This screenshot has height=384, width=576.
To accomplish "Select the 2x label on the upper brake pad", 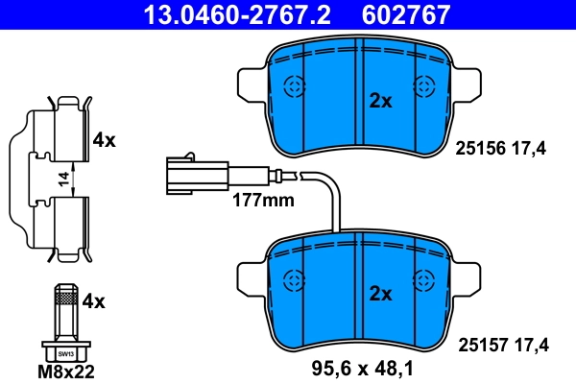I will click(x=381, y=101).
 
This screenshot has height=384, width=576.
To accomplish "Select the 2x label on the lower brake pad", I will click(x=381, y=294).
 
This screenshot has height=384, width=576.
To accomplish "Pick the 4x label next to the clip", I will click(x=104, y=140).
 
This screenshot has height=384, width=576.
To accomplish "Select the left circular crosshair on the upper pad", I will click(x=295, y=87).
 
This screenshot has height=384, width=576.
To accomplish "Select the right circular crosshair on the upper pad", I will click(x=423, y=87).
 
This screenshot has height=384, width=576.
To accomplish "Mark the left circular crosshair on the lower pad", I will click(x=295, y=279).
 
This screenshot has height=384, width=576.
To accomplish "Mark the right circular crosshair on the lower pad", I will click(x=423, y=279).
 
